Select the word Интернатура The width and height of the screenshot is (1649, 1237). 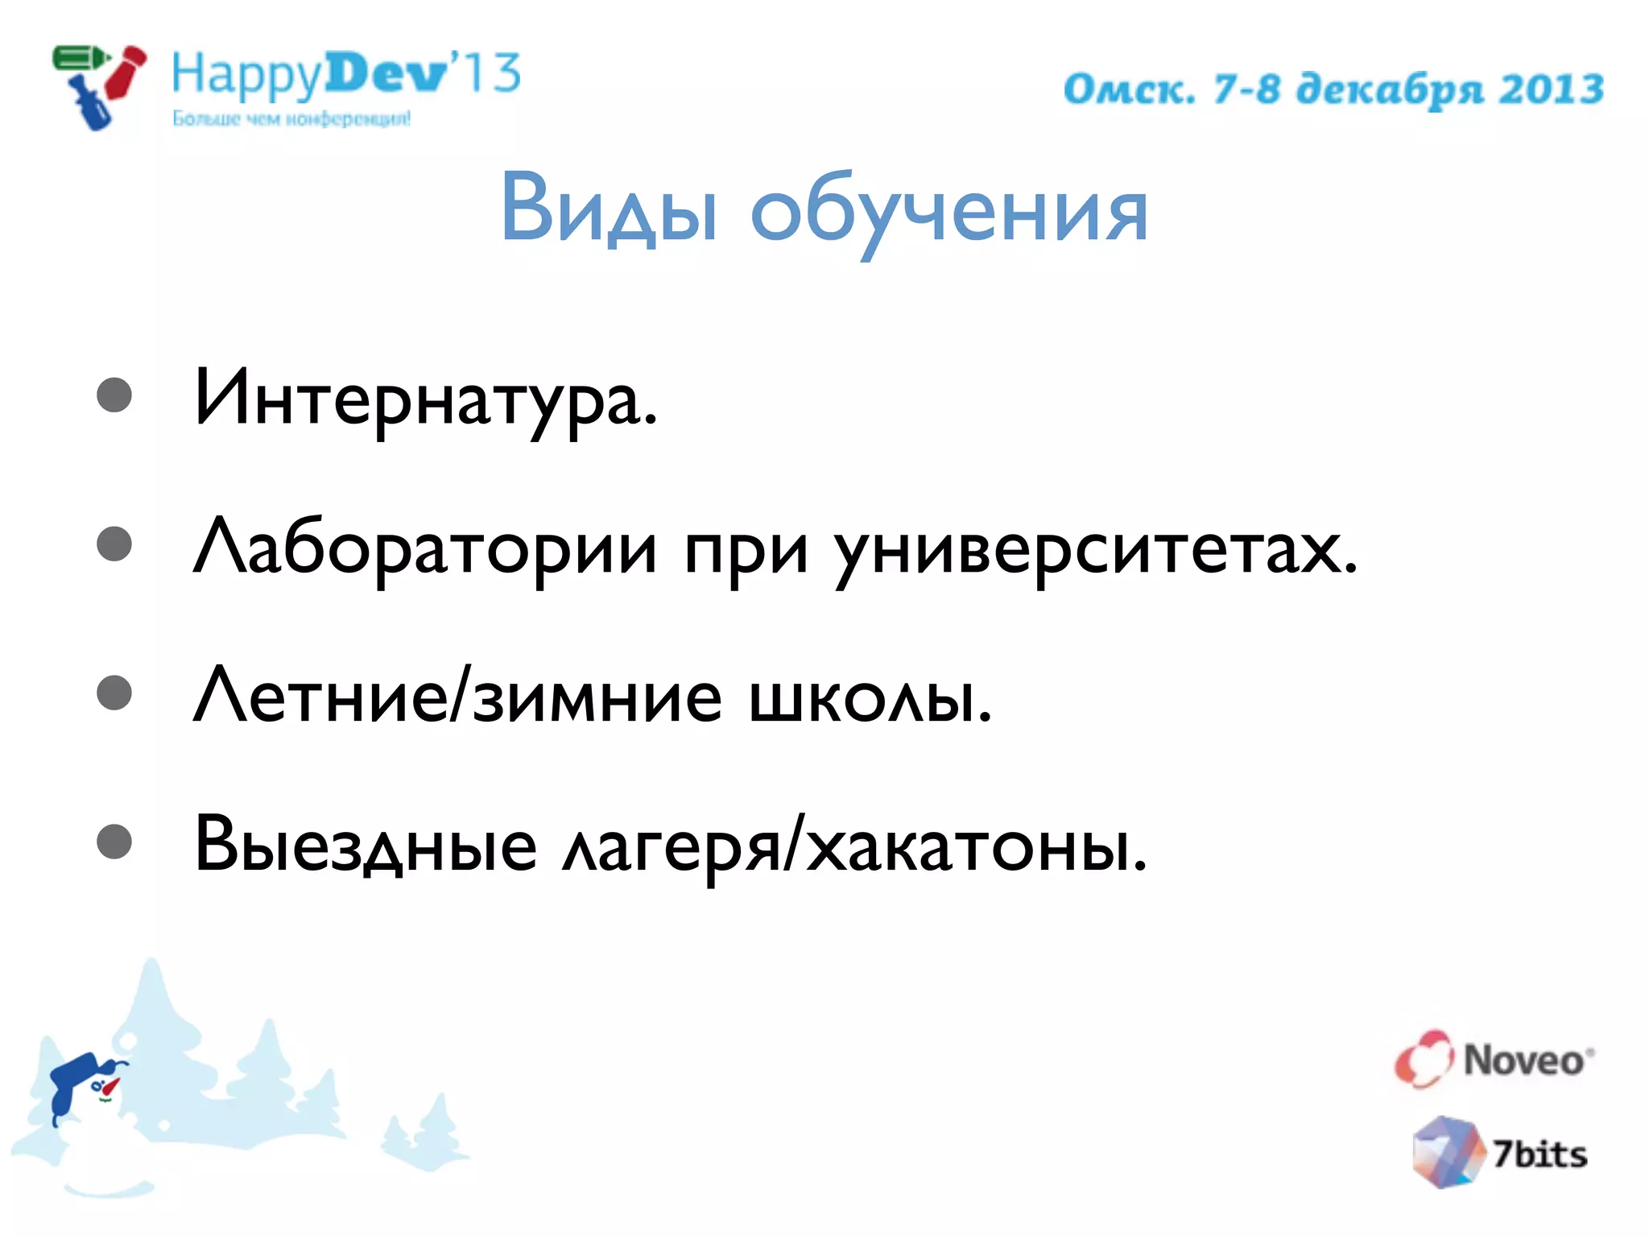tap(425, 399)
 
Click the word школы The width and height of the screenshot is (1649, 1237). tap(870, 697)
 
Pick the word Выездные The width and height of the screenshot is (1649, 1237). tap(366, 846)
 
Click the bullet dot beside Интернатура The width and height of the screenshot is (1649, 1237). tap(114, 395)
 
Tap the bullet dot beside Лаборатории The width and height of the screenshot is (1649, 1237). tap(114, 544)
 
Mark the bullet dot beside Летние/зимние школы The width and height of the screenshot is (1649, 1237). tap(114, 693)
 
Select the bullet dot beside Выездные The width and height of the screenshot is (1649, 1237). tap(114, 842)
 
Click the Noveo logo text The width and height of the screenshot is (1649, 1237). tap(1524, 1060)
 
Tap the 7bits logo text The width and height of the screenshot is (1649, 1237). tap(1539, 1154)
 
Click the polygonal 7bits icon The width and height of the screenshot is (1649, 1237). tap(1448, 1152)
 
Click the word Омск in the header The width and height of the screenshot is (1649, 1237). tap(1127, 89)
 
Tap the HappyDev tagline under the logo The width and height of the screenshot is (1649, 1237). tap(291, 119)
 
